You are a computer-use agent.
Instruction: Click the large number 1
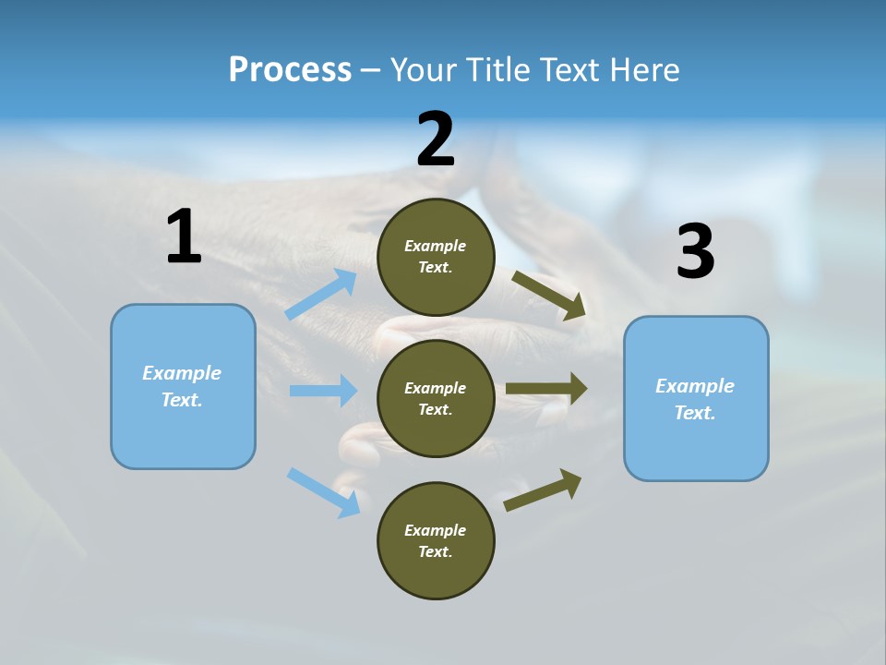tap(184, 237)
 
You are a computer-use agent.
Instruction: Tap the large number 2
tap(436, 139)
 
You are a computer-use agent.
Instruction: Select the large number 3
tap(695, 252)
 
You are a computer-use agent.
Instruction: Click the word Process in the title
tap(290, 69)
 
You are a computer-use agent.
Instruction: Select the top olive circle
tap(436, 257)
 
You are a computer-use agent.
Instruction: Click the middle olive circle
tap(436, 398)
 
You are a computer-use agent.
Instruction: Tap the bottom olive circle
tap(436, 540)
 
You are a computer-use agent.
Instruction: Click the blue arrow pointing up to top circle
tap(322, 295)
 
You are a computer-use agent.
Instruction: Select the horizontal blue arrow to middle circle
tap(324, 391)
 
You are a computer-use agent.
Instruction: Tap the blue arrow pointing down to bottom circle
tap(324, 492)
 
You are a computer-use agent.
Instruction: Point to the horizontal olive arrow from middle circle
tap(547, 389)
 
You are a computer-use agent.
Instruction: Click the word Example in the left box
tap(182, 373)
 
